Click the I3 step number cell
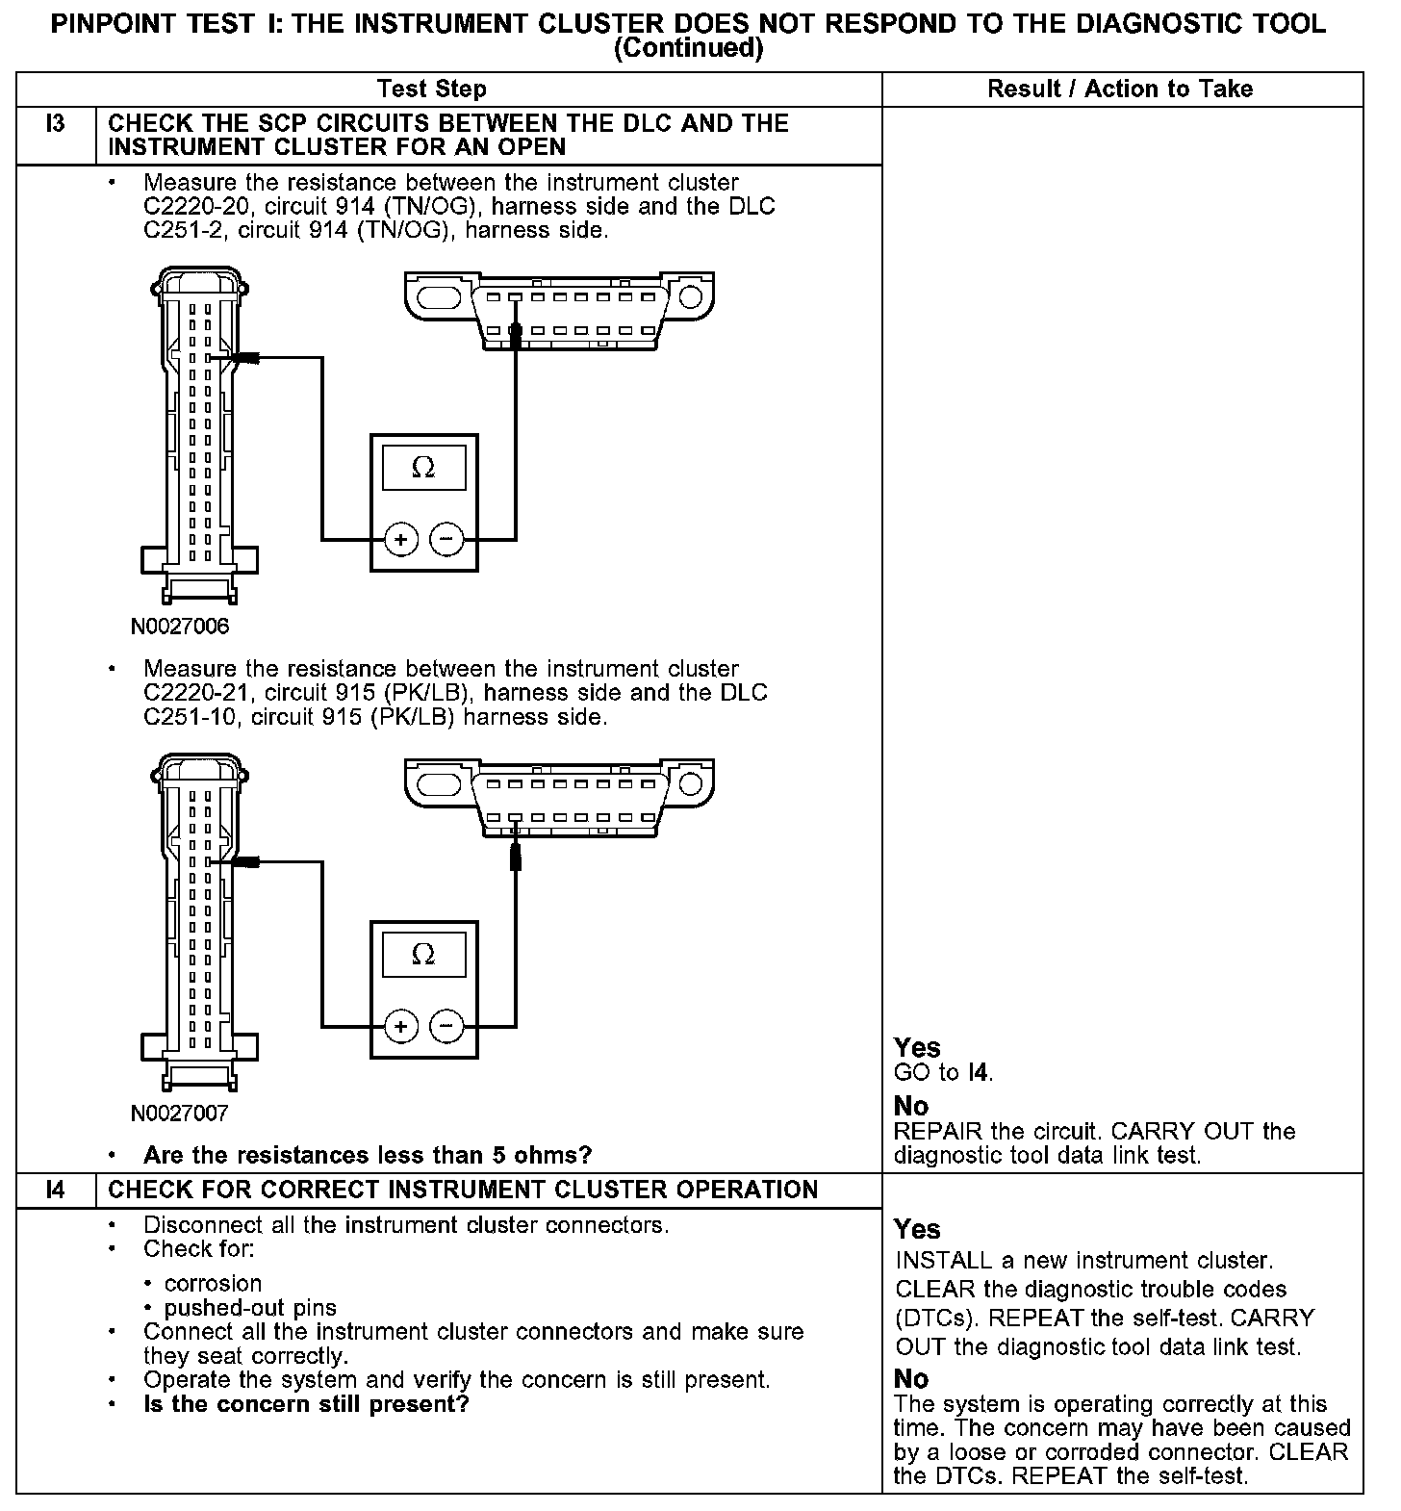coord(55,125)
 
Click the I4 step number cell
coord(55,1190)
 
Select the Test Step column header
coord(432,90)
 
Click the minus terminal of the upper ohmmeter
coord(446,540)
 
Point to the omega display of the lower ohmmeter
coord(423,955)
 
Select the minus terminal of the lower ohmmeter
coord(446,1027)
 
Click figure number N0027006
coord(180,627)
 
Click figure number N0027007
coord(180,1114)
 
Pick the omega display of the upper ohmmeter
coord(423,468)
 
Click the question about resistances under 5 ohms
coord(367,1155)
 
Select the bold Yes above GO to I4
coord(917,1047)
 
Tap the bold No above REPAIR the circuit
coord(910,1106)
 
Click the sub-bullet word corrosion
coord(213,1284)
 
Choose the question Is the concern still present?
coord(305,1404)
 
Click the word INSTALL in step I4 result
coord(930,1261)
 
